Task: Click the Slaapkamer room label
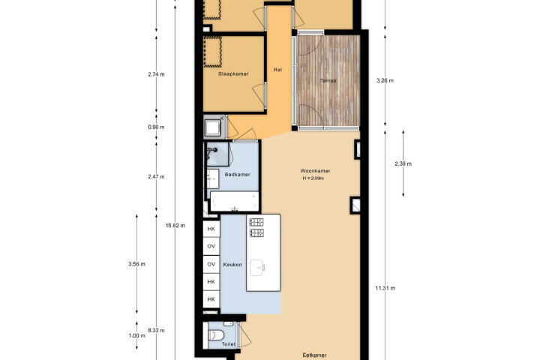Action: pyautogui.click(x=233, y=73)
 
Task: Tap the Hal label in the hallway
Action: pyautogui.click(x=277, y=70)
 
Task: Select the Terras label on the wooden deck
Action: pyautogui.click(x=328, y=80)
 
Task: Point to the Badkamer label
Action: pyautogui.click(x=237, y=174)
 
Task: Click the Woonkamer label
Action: pyautogui.click(x=315, y=171)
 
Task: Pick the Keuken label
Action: pyautogui.click(x=232, y=265)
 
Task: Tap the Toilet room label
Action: pyautogui.click(x=228, y=344)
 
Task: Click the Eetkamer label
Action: pyautogui.click(x=314, y=355)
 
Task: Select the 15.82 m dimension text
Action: pyautogui.click(x=175, y=226)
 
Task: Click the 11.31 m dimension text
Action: pyautogui.click(x=385, y=288)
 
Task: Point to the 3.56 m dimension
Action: pyautogui.click(x=136, y=264)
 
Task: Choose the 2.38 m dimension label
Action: pyautogui.click(x=403, y=164)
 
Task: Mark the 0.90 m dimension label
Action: pyautogui.click(x=156, y=127)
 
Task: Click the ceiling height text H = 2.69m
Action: pyautogui.click(x=313, y=178)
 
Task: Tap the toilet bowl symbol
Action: pyautogui.click(x=217, y=334)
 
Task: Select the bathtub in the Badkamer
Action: pyautogui.click(x=235, y=202)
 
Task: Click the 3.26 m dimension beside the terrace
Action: pyautogui.click(x=385, y=80)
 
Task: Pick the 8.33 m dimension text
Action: pyautogui.click(x=156, y=330)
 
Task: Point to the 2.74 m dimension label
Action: pyautogui.click(x=156, y=74)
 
